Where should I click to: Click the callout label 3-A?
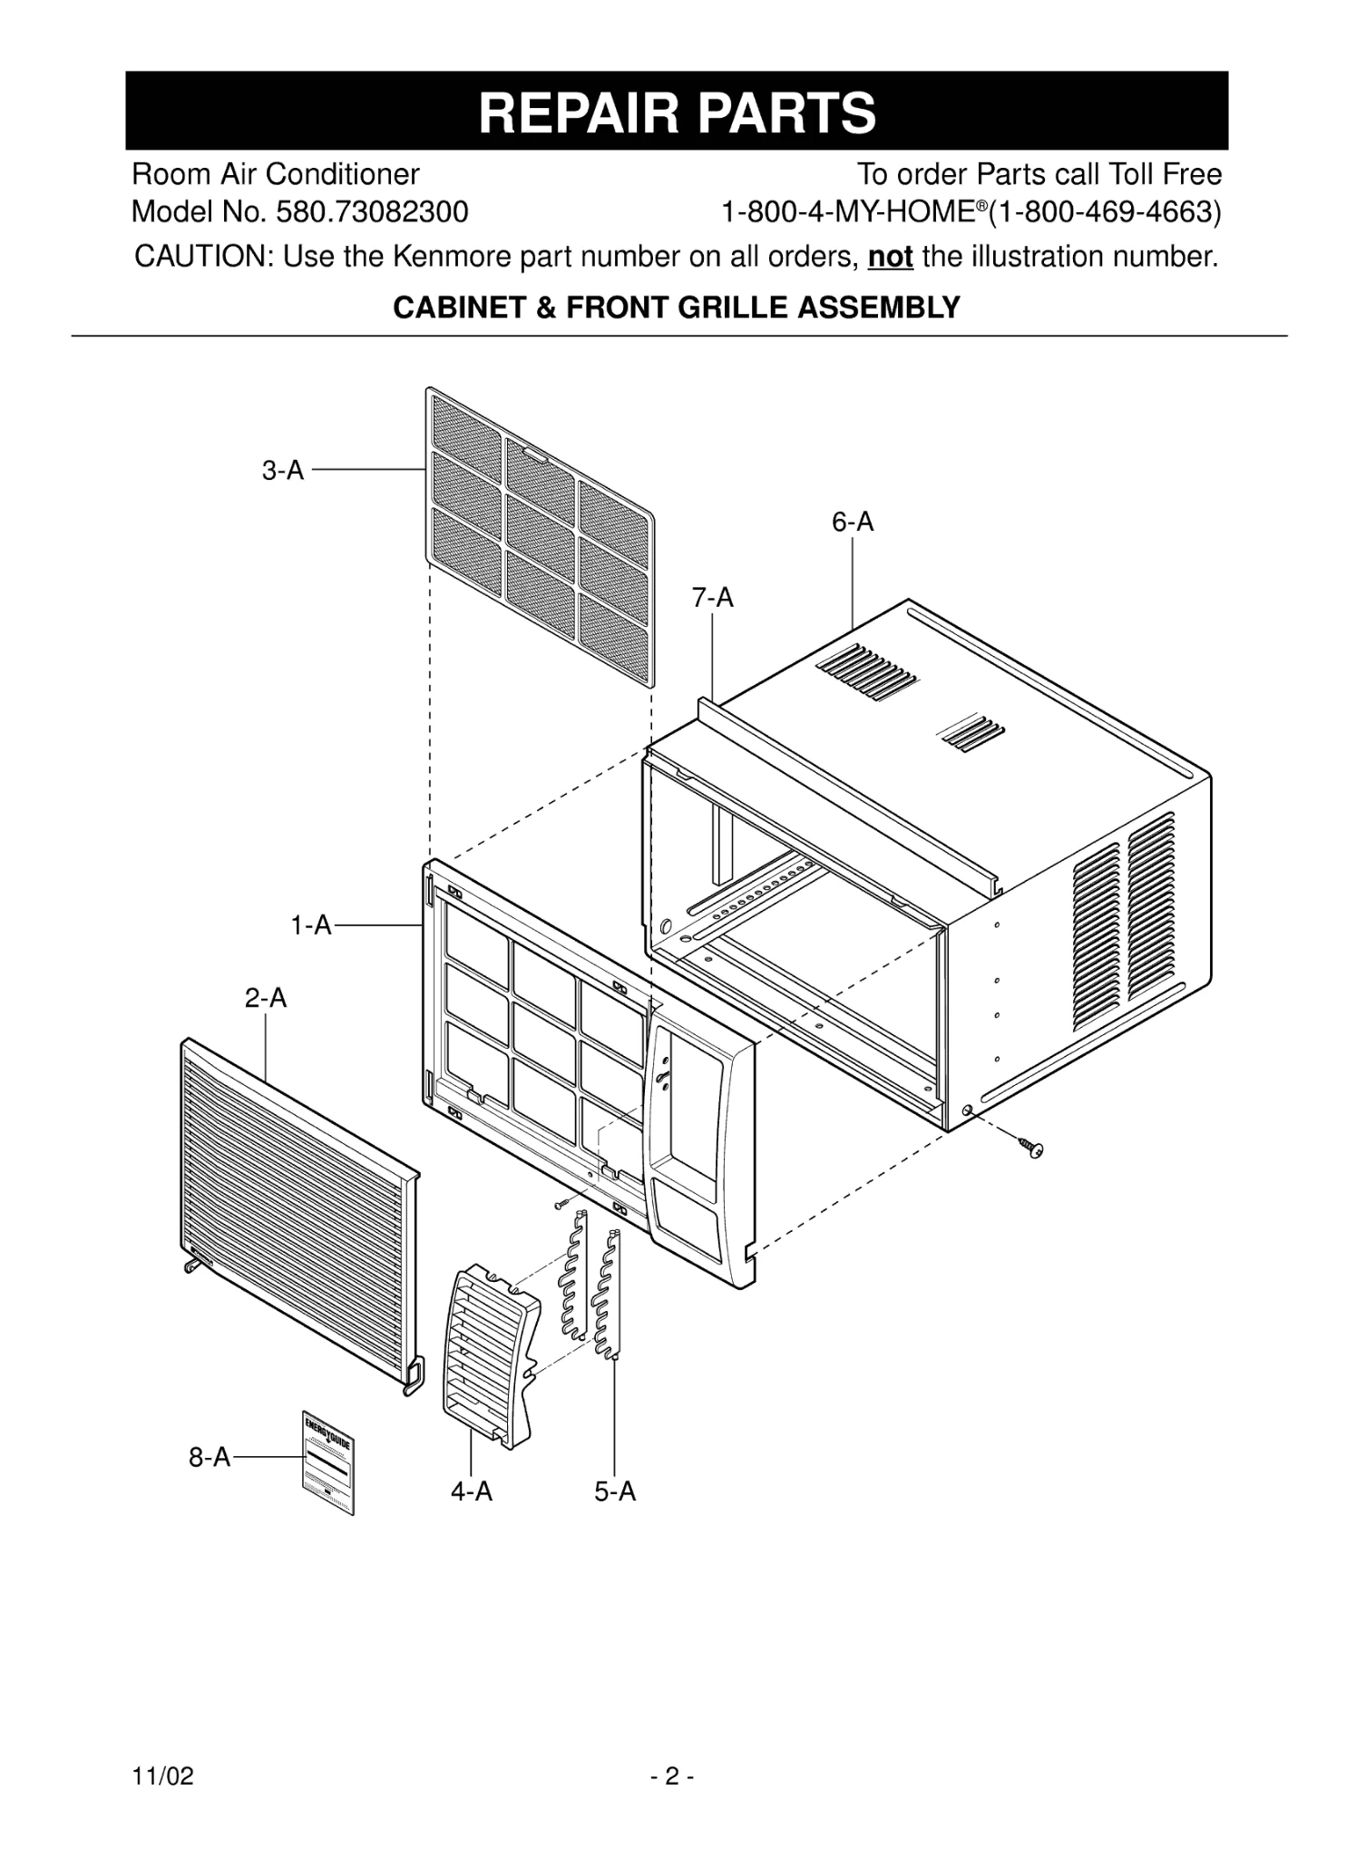(283, 471)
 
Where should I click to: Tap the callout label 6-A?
(853, 522)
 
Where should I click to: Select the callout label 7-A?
(712, 598)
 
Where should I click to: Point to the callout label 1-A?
(311, 925)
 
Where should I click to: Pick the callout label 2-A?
(265, 998)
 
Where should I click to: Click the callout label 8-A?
(210, 1457)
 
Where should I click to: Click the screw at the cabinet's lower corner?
(1032, 1148)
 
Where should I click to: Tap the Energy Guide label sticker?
(327, 1462)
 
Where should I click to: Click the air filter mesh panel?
(539, 534)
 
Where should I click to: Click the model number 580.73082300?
(372, 212)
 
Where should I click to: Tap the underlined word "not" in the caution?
(890, 258)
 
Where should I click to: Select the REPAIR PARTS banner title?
(677, 112)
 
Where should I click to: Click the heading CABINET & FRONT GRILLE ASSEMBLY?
(677, 308)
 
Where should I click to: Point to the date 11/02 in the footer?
(163, 1775)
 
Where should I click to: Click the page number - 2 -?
(672, 1775)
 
